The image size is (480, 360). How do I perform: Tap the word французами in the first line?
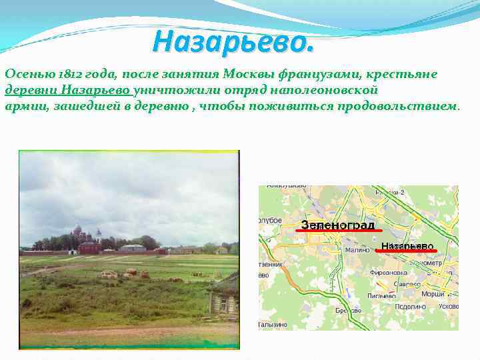click(313, 74)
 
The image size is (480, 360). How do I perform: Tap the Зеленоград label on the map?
click(337, 225)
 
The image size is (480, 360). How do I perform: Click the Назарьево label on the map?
click(407, 246)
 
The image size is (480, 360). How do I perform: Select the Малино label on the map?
click(354, 251)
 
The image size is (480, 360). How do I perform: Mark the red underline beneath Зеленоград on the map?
click(338, 231)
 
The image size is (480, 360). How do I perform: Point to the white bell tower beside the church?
click(99, 235)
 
